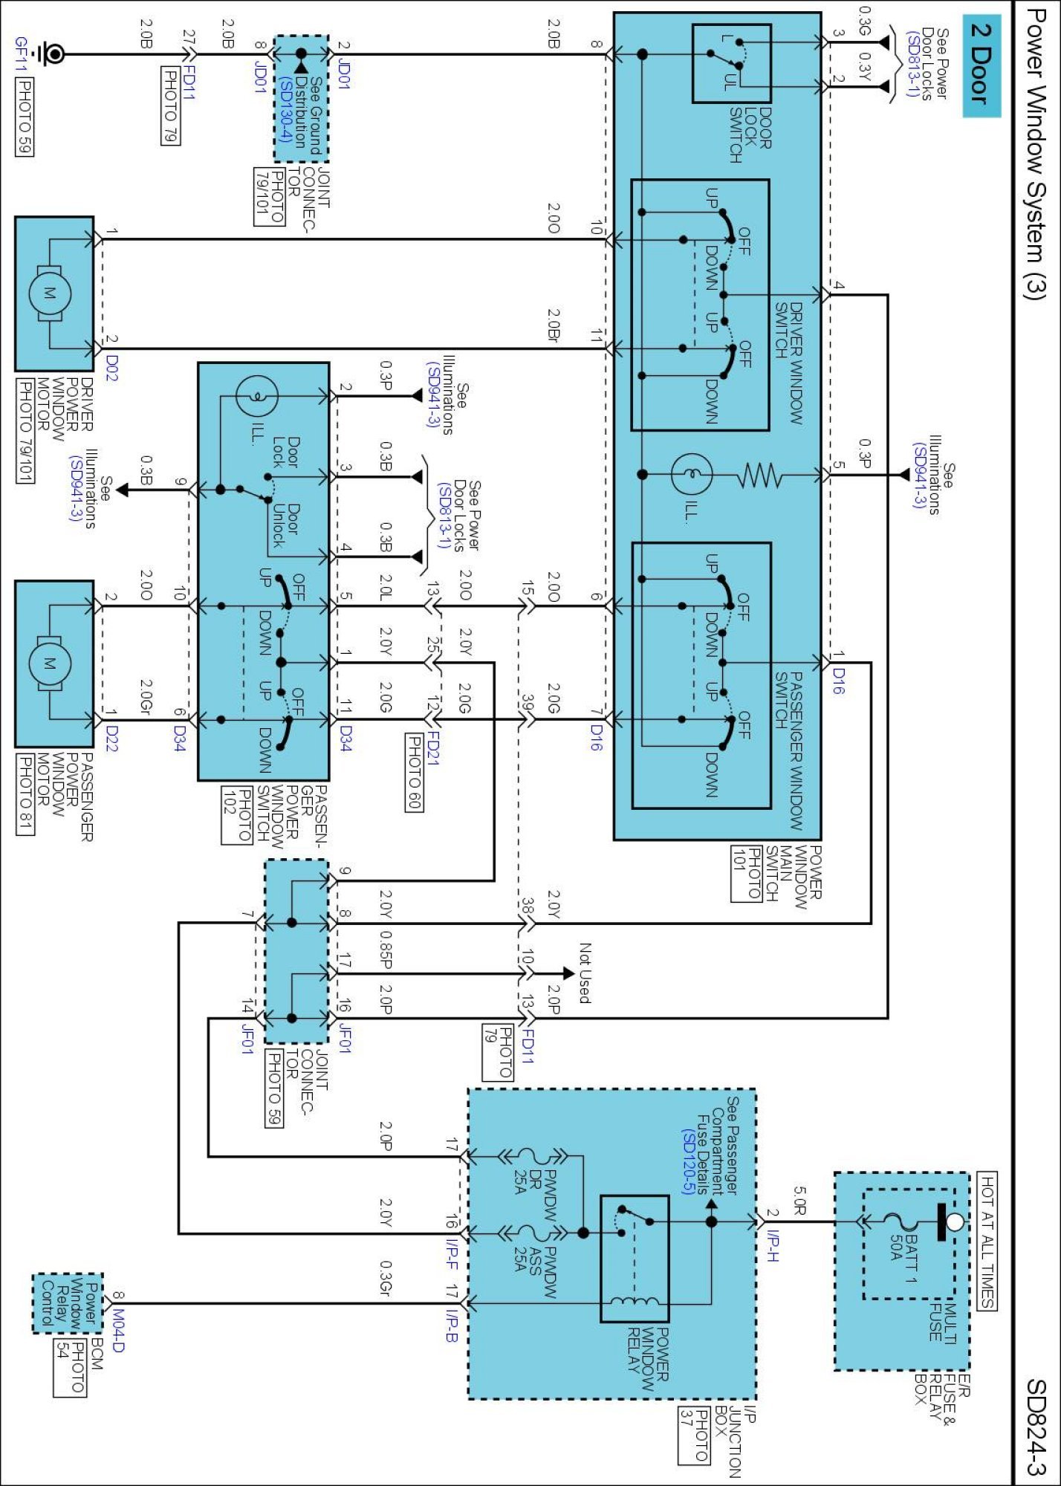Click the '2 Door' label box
pos(981,66)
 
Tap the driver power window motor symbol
pos(50,293)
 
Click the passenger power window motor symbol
pos(50,663)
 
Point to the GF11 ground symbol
pos(52,53)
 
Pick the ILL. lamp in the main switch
pos(691,474)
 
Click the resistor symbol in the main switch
pos(759,475)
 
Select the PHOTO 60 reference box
pos(414,772)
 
